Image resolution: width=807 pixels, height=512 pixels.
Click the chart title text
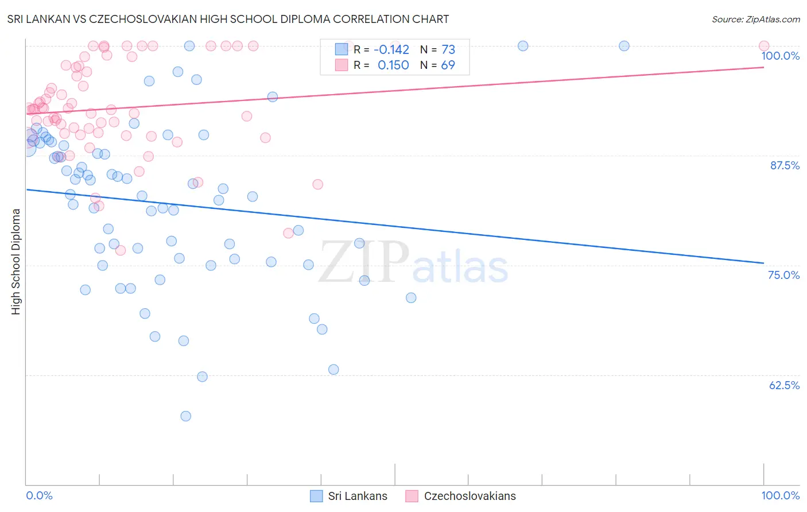pos(228,19)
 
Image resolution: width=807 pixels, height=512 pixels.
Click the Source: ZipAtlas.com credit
pos(755,19)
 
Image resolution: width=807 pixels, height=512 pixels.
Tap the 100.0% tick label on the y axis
pos(780,56)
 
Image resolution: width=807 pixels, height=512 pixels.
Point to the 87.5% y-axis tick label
pos(784,165)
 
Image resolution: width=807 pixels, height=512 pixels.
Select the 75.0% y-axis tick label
pos(783,275)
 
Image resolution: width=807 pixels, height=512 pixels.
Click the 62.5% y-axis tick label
pos(784,385)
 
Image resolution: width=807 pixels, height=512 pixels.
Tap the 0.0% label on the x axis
pos(39,495)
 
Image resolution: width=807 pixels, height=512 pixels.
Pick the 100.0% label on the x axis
pos(780,495)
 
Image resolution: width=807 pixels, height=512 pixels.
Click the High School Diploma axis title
pos(16,261)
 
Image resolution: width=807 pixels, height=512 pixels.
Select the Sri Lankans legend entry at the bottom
pos(349,496)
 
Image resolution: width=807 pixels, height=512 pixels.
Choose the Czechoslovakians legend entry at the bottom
pos(460,496)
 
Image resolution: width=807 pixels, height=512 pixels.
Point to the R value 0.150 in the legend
pos(393,65)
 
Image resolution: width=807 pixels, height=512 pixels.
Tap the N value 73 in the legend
pos(448,49)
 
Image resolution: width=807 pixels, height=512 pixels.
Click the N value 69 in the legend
pos(448,65)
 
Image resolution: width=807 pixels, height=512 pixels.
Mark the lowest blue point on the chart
pos(185,416)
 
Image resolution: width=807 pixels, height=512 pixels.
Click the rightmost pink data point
pos(763,46)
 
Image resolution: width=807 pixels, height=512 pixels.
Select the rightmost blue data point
pos(624,46)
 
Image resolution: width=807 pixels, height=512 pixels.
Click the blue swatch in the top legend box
pos(342,49)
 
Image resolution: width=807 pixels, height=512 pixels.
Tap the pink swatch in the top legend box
pos(342,65)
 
